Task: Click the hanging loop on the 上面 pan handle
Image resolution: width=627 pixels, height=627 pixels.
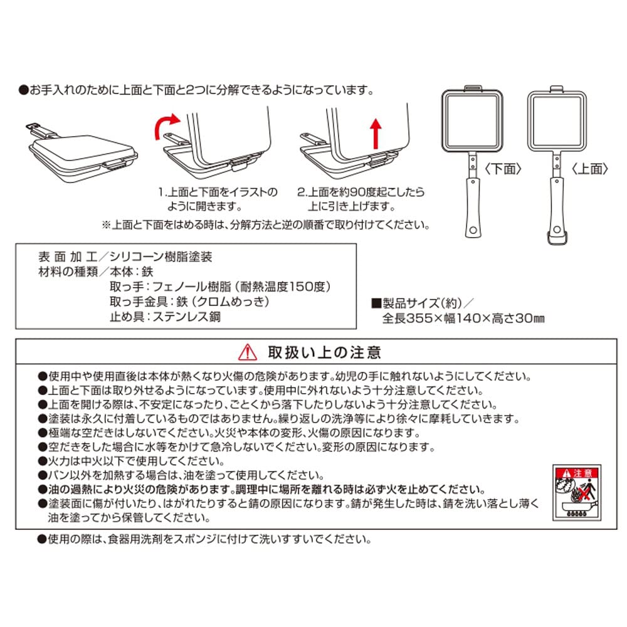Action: click(555, 237)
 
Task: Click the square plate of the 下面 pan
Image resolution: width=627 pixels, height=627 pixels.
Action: click(472, 119)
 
